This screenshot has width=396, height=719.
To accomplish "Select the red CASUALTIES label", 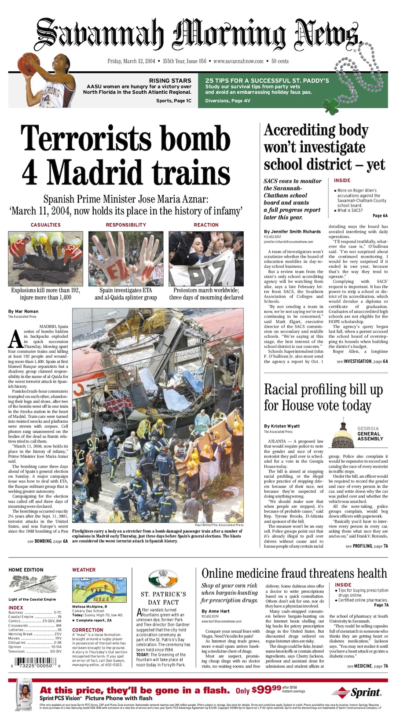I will pos(46,225).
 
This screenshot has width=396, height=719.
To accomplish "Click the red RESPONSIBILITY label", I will pos(126,225).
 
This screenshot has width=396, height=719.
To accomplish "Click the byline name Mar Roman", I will pos(23,311).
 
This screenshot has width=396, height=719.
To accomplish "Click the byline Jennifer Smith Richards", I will pos(292,231).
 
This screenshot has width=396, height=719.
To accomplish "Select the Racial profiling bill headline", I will pos(323,397).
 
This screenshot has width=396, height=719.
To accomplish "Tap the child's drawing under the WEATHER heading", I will pos(99,590).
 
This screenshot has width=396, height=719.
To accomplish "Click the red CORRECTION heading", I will pos(88,630).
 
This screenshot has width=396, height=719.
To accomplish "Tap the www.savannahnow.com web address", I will pos(238,61).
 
